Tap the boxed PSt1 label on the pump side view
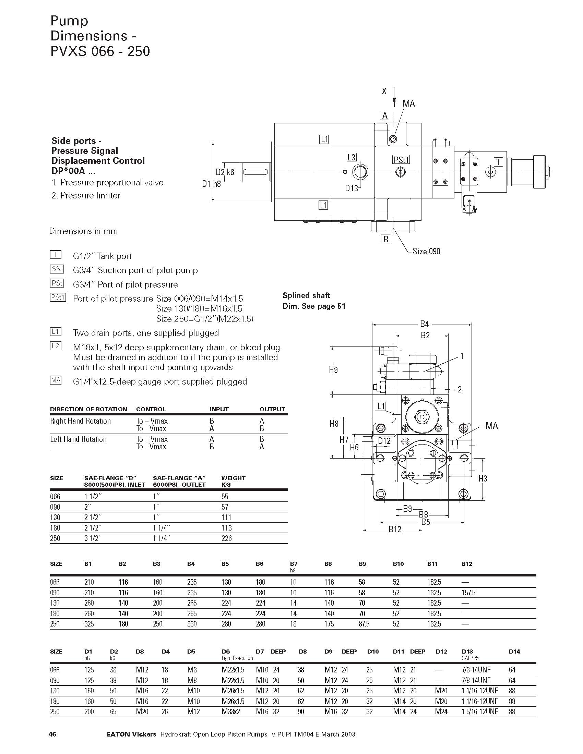(x=401, y=160)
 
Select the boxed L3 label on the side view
(x=351, y=157)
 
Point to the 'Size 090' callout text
(x=427, y=251)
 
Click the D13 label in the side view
(x=352, y=188)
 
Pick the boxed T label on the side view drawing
(x=498, y=161)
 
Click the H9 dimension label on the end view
(x=333, y=370)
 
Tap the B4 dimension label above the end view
(x=425, y=324)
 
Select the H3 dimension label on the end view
(x=483, y=478)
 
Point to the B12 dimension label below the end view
(x=395, y=529)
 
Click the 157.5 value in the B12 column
(x=468, y=593)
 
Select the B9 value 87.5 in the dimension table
(x=364, y=624)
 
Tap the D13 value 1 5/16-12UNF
(x=480, y=712)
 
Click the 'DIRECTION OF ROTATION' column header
(x=88, y=409)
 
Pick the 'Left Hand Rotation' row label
(x=79, y=439)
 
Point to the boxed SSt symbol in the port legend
(x=57, y=269)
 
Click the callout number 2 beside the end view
(x=459, y=389)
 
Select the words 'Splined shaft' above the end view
(x=306, y=295)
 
